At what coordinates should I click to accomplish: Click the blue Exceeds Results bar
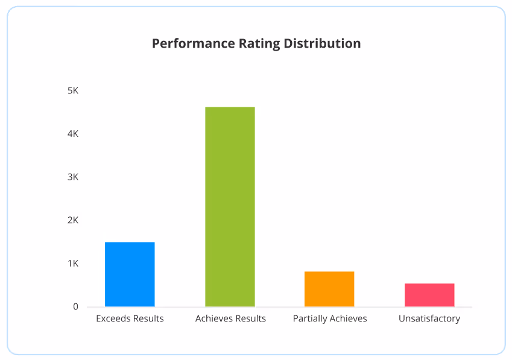click(x=130, y=274)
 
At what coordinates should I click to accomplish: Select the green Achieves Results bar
click(x=230, y=207)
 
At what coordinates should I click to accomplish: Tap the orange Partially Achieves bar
click(x=329, y=289)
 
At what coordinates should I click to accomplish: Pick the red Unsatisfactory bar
click(x=429, y=295)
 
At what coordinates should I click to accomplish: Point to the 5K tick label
click(x=73, y=90)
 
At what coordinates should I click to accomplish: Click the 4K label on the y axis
click(x=73, y=134)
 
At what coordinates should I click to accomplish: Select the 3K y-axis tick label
click(x=73, y=177)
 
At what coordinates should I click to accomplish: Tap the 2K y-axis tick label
click(x=73, y=220)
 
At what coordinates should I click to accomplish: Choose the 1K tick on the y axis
click(x=73, y=264)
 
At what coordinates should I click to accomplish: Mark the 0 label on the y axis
click(x=76, y=307)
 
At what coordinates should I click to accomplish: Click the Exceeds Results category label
click(x=130, y=318)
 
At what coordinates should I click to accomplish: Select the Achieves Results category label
click(x=230, y=318)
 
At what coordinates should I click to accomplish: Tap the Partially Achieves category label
click(x=330, y=318)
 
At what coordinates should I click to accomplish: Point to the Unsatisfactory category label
click(x=429, y=318)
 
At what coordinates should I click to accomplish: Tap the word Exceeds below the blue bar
click(x=113, y=318)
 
